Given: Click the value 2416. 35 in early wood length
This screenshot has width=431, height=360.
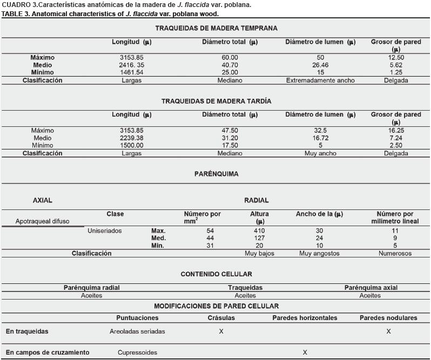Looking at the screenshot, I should pos(132,65).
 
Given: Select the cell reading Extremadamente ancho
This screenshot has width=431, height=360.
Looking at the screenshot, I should pos(320,80).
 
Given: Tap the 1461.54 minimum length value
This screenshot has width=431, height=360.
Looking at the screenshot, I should pos(132,72).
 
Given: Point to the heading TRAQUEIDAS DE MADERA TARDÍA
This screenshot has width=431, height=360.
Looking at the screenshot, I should pos(216,101).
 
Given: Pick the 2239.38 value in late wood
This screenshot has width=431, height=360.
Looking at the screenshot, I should pos(132,138).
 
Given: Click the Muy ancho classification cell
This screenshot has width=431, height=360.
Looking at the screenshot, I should pos(320,153).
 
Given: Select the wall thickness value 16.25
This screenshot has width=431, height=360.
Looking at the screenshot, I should pos(396,131).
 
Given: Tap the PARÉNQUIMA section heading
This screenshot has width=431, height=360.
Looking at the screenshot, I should pos(216,174).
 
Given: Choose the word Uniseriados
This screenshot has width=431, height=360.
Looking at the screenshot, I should pos(105,231).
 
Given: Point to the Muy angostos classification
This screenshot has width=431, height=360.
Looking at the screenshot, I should pos(319,253).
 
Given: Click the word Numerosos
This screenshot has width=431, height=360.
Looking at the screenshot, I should pos(395,253).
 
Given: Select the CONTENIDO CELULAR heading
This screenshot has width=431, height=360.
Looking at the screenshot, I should pos(216,274).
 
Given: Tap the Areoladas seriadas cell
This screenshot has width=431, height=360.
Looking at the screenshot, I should pos(137,331).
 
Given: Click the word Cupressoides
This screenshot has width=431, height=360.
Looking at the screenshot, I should pos(137,352).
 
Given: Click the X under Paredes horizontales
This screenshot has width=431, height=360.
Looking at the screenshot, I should pos(305,352).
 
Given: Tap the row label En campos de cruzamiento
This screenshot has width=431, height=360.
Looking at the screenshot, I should pos(48,352).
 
